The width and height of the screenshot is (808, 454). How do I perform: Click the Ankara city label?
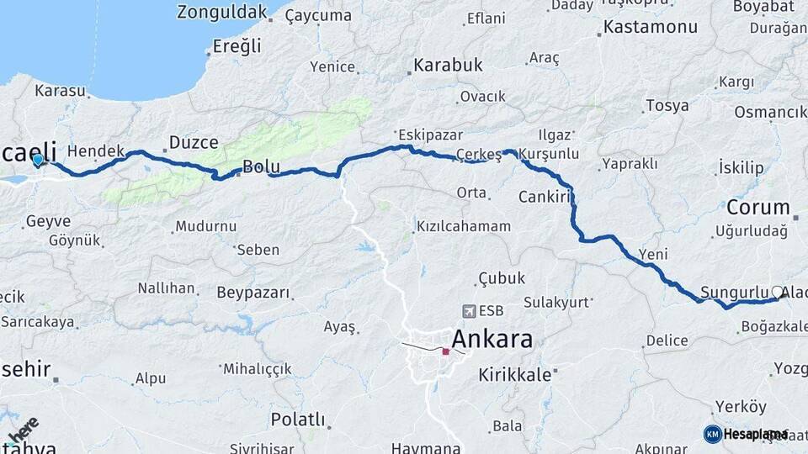pyautogui.click(x=492, y=339)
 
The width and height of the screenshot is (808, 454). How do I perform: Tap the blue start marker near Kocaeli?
pyautogui.click(x=37, y=160)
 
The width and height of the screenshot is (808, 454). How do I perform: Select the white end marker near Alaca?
pyautogui.click(x=777, y=293)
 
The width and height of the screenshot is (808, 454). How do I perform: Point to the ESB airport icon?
pyautogui.click(x=469, y=310)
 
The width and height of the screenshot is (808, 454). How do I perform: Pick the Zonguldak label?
pyautogui.click(x=222, y=12)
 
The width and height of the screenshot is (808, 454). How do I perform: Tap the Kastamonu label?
pyautogui.click(x=651, y=28)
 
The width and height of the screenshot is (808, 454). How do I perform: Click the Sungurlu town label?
pyautogui.click(x=735, y=291)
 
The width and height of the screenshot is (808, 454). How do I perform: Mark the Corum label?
pyautogui.click(x=758, y=207)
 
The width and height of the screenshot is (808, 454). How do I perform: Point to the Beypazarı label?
pyautogui.click(x=252, y=293)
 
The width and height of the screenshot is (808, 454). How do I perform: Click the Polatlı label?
pyautogui.click(x=298, y=419)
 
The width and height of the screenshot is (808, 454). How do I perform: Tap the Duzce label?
pyautogui.click(x=194, y=142)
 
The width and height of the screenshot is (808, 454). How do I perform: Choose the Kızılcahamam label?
pyautogui.click(x=463, y=226)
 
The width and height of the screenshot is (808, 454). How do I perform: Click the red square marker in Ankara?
pyautogui.click(x=445, y=351)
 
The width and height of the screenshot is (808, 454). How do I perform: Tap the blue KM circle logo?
pyautogui.click(x=712, y=434)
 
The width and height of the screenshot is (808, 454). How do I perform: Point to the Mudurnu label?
pyautogui.click(x=205, y=226)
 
